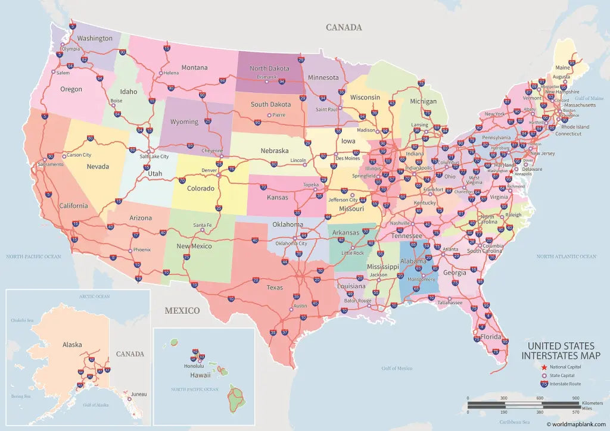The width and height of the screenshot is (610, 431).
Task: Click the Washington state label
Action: pyautogui.click(x=95, y=38)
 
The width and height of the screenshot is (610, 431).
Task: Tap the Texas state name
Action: pyautogui.click(x=275, y=288)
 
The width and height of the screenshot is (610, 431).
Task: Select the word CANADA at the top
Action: pyautogui.click(x=344, y=27)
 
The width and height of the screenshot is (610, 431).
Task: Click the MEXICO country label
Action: pyautogui.click(x=182, y=310)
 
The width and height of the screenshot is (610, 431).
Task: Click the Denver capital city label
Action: pyautogui.click(x=209, y=170)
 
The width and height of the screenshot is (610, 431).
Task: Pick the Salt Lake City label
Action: pyautogui.click(x=154, y=157)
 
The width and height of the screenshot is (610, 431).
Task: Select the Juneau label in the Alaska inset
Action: pyautogui.click(x=138, y=393)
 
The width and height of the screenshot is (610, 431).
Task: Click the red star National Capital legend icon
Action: pyautogui.click(x=544, y=367)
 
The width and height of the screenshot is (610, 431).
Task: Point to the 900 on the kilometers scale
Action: pyautogui.click(x=575, y=398)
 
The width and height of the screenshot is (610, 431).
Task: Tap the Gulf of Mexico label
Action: pyautogui.click(x=397, y=368)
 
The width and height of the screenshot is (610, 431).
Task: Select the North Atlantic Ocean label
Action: pyautogui.click(x=566, y=257)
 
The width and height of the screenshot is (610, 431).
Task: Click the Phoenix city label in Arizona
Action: pyautogui.click(x=142, y=249)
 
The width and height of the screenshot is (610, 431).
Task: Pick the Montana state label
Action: pyautogui.click(x=194, y=67)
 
